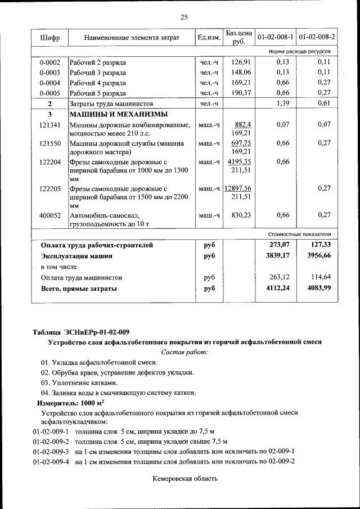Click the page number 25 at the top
tap(183, 17)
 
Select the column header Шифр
tap(49, 38)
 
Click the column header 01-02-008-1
tap(275, 38)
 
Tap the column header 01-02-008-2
tap(317, 38)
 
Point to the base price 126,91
tap(240, 62)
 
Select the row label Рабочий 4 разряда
tap(98, 83)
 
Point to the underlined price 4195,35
tap(240, 162)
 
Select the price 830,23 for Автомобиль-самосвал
tap(240, 215)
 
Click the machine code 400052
tap(49, 215)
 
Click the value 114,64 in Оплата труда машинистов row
tap(319, 277)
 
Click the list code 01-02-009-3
tap(51, 452)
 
